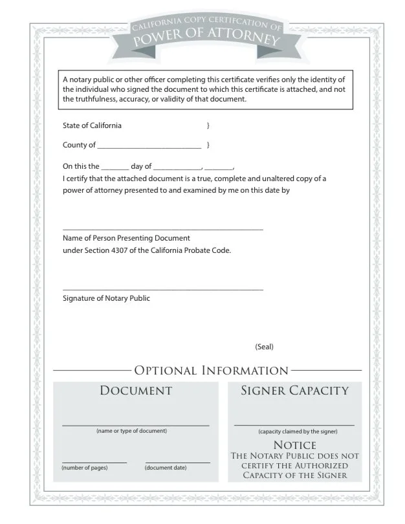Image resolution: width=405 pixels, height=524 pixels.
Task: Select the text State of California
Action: pos(92,126)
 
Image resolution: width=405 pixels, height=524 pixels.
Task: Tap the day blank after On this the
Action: pos(115,168)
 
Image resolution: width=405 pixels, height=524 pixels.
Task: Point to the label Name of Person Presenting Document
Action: pos(126,238)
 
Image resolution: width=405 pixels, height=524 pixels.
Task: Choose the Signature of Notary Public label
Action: pos(106,298)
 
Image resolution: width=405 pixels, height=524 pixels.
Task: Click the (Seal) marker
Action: pos(264,347)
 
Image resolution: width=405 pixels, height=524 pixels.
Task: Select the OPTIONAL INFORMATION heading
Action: pos(211,371)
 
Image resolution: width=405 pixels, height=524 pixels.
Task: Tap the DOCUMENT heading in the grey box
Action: pos(136,390)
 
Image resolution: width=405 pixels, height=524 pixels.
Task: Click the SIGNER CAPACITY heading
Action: pos(294,390)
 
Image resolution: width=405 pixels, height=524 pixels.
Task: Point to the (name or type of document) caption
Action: pos(131,431)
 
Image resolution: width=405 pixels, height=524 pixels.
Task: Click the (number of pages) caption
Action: pos(85,467)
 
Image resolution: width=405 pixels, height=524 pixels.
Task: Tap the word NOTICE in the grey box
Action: pos(295,445)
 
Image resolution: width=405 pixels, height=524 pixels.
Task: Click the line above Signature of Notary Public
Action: pos(162,289)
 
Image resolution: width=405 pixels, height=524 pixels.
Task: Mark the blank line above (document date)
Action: pos(178,462)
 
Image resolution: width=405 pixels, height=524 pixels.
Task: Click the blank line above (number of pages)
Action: pos(94,462)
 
